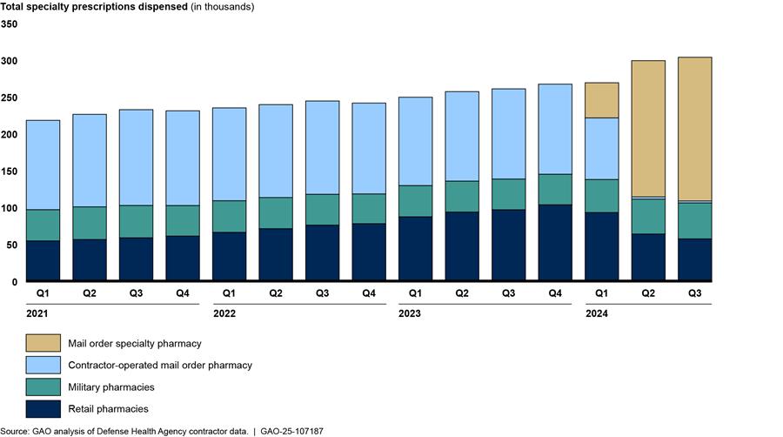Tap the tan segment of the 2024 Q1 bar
[601, 100]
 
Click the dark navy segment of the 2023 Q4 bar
[554, 243]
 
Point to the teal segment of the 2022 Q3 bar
[323, 209]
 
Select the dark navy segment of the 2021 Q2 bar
[90, 260]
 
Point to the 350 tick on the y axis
[9, 24]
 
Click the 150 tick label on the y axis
[9, 135]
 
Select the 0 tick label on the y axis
[14, 282]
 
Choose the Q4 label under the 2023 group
[554, 294]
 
